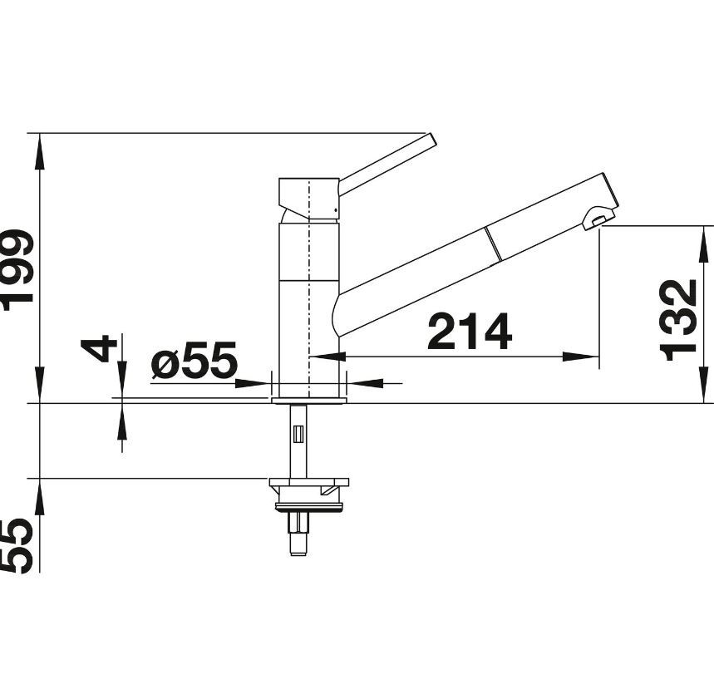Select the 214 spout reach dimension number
point(470,331)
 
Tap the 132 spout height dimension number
point(678,320)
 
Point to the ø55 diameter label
point(195,361)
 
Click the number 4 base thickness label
point(97,348)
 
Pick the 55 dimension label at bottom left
point(17,545)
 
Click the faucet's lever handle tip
point(431,139)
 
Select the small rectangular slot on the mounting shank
point(298,434)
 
